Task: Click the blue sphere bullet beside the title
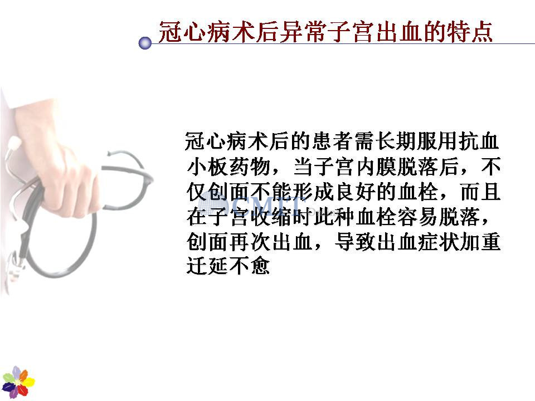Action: (145, 43)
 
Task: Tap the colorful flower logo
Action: (18, 382)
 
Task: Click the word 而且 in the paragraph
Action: (480, 192)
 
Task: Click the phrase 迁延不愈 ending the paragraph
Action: (228, 266)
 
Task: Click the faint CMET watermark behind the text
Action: (252, 204)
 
